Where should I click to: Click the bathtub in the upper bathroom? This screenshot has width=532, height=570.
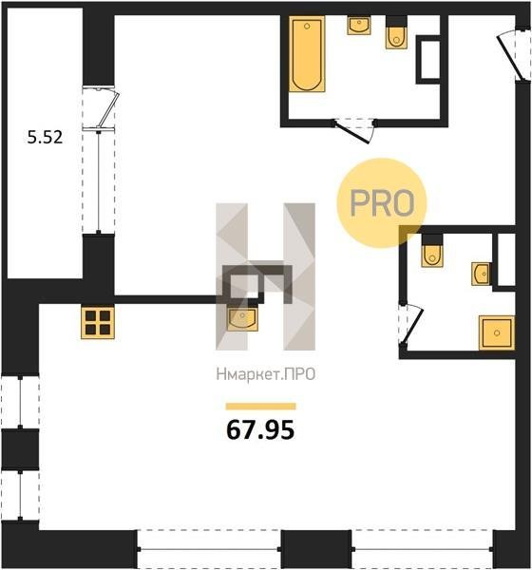307,54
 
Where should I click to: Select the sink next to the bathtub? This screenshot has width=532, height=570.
359,25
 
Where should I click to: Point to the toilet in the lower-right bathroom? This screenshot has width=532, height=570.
432,251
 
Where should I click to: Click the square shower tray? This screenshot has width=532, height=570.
497,333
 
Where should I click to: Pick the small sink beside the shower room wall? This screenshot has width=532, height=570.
481,274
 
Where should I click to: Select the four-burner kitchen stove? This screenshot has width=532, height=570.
98,323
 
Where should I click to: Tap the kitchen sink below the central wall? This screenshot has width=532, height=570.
243,318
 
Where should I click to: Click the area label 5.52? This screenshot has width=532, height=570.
45,138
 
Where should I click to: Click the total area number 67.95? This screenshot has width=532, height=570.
260,430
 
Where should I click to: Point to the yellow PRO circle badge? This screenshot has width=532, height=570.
382,203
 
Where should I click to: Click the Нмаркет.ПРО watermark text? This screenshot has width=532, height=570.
266,374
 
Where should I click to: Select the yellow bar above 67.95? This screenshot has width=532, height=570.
260,406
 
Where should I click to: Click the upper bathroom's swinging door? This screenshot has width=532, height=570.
353,133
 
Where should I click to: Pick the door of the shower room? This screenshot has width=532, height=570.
411,326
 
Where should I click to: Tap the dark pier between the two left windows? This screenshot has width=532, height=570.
20,449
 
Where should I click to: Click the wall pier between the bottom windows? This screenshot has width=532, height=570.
316,549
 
